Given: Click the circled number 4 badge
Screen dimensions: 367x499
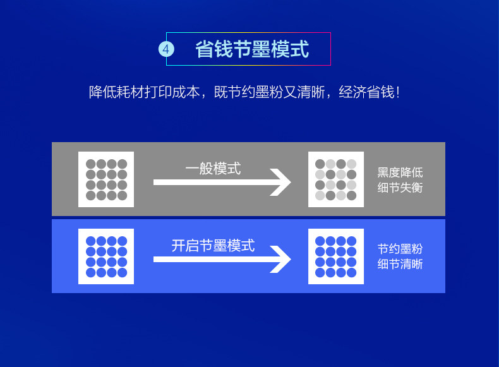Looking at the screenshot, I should (x=165, y=49).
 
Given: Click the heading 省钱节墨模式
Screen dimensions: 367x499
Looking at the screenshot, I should (x=252, y=49).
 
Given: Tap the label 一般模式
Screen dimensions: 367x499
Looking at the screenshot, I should (x=213, y=169).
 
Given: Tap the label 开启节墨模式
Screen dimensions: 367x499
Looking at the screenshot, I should (x=213, y=245).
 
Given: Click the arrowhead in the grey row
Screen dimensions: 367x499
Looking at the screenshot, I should (x=281, y=183).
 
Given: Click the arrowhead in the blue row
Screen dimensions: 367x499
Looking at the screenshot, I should (x=281, y=259).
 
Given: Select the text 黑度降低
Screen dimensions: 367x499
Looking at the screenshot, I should (x=400, y=172).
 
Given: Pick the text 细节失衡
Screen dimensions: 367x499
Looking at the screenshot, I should (x=400, y=188).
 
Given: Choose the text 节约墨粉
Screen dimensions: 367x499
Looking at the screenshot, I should (x=400, y=248).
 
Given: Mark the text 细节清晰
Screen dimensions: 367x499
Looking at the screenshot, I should (x=400, y=264).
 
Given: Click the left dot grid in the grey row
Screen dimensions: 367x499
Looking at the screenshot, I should (x=106, y=179).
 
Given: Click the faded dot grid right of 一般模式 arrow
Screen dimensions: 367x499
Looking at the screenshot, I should (x=336, y=179).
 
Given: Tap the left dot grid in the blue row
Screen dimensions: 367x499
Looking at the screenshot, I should (x=106, y=256).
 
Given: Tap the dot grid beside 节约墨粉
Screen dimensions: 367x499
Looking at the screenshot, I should (x=336, y=256).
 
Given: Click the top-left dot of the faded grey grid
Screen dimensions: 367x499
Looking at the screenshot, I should (x=320, y=164).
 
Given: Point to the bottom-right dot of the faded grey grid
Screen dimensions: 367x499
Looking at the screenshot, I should (x=352, y=195).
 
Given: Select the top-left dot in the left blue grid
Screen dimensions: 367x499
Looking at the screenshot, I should (x=90, y=241).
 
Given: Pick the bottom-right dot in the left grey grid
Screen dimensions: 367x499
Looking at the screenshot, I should (x=122, y=195).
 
